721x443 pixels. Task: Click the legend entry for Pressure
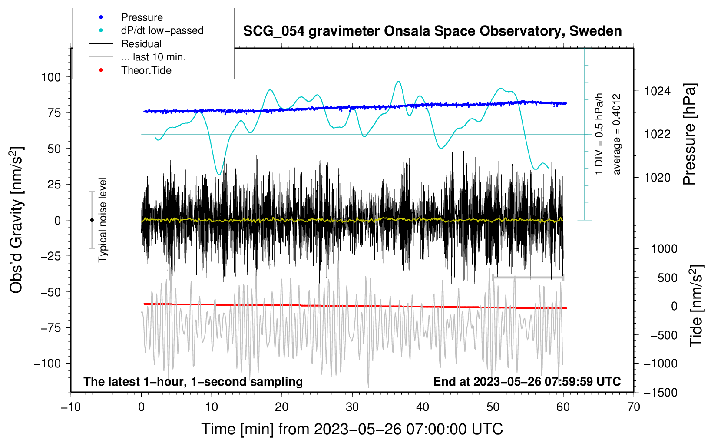click(142, 17)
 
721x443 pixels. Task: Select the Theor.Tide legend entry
click(146, 70)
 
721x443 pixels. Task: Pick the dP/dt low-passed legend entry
click(162, 30)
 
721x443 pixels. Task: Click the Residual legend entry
click(141, 44)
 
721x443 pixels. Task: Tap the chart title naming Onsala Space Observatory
click(432, 31)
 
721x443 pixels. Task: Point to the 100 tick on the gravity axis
click(51, 77)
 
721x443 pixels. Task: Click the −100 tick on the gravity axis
click(47, 364)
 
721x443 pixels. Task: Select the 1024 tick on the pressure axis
click(657, 91)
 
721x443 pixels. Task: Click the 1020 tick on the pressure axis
click(657, 178)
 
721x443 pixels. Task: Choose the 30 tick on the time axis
click(352, 407)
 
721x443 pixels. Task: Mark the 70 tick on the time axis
click(634, 407)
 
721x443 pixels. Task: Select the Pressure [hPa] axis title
click(690, 135)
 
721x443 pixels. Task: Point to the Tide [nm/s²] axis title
click(696, 306)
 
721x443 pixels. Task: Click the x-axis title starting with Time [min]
click(352, 429)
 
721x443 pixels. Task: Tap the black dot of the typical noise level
click(92, 220)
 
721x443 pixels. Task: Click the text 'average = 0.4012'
click(617, 134)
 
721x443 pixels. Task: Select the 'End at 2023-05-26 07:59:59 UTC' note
click(527, 382)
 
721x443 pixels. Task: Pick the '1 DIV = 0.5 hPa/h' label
click(599, 134)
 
